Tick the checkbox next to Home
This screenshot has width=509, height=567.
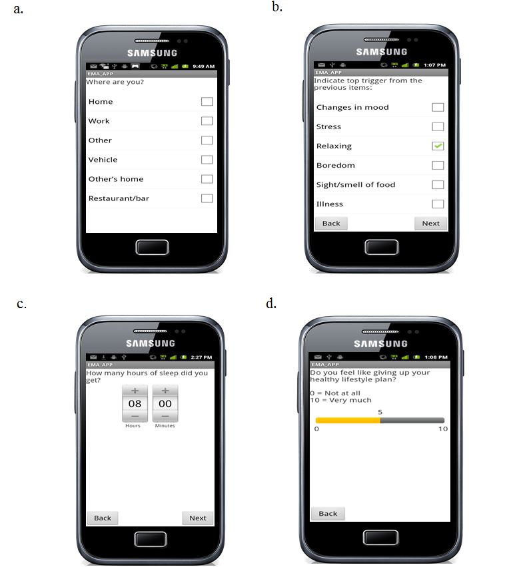pyautogui.click(x=207, y=102)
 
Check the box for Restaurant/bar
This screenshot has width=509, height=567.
pyautogui.click(x=207, y=198)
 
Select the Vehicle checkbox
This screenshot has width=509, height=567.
pyautogui.click(x=207, y=160)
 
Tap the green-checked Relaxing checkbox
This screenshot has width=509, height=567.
pyautogui.click(x=438, y=146)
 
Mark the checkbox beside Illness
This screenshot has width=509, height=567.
pyautogui.click(x=438, y=204)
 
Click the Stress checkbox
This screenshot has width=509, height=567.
pyautogui.click(x=438, y=126)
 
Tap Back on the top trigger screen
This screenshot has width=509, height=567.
pyautogui.click(x=331, y=224)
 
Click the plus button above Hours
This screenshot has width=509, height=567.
pyautogui.click(x=135, y=391)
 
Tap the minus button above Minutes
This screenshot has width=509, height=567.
pyautogui.click(x=165, y=416)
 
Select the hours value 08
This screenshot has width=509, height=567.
pyautogui.click(x=135, y=403)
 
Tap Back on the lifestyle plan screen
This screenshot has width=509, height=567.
pyautogui.click(x=328, y=514)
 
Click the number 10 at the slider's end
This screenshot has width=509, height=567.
pyautogui.click(x=443, y=429)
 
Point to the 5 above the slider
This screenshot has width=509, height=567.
pyautogui.click(x=380, y=412)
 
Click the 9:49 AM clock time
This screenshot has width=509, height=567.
pyautogui.click(x=203, y=66)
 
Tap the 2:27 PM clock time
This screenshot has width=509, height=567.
pyautogui.click(x=201, y=357)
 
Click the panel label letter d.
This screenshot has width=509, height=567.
pyautogui.click(x=271, y=303)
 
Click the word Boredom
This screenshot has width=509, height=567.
pyautogui.click(x=336, y=165)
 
